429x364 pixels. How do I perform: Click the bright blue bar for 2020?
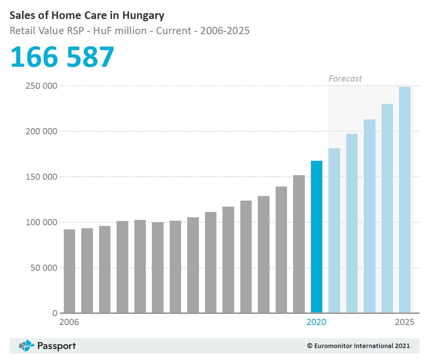pos(317,237)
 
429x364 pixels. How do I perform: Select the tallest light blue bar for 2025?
pos(405,200)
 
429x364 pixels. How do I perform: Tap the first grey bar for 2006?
pos(69,271)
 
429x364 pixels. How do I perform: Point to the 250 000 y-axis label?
pos(41,86)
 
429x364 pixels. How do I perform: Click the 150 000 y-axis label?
pos(41,177)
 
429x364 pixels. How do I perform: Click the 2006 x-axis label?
pos(69,322)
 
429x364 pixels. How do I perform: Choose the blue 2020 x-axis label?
pos(316,322)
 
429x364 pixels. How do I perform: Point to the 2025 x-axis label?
pos(405,322)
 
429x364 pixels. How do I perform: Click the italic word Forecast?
pos(345,79)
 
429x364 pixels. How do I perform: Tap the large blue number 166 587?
pos(62,57)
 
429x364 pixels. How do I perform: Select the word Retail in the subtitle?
pos(21,31)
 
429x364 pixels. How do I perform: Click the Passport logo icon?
pos(27,346)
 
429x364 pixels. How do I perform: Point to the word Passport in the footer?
pos(57,346)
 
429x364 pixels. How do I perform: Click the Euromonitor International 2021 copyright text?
pos(358,346)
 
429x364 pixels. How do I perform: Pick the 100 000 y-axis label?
pos(41,223)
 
